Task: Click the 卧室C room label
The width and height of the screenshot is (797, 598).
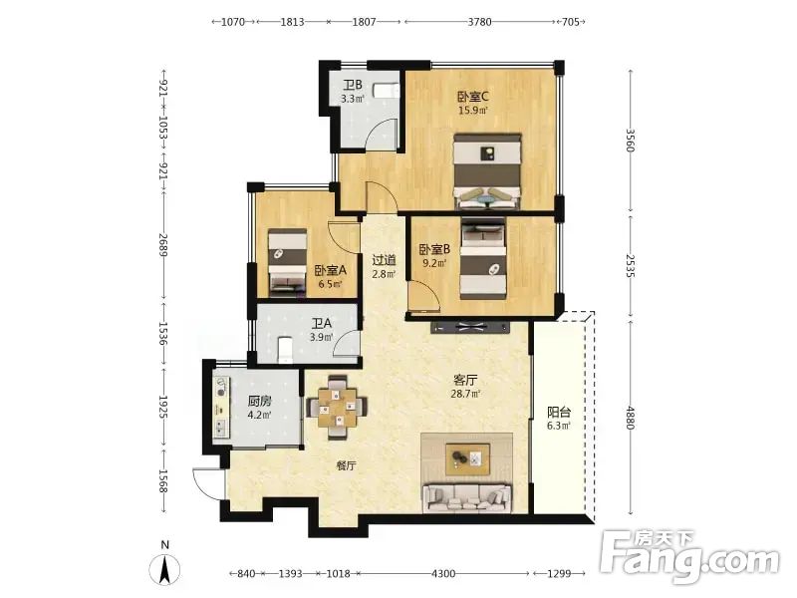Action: tap(472, 96)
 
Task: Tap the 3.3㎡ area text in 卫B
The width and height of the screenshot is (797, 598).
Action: tap(353, 99)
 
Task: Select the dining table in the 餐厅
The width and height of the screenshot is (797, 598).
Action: tap(337, 407)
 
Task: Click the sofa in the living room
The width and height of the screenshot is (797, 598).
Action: tap(467, 496)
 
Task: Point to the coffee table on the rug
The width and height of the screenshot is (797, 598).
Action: tap(467, 459)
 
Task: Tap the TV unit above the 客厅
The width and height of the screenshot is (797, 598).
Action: tap(470, 327)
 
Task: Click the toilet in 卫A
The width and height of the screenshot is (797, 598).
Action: tap(286, 350)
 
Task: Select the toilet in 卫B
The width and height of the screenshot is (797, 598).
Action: tap(386, 90)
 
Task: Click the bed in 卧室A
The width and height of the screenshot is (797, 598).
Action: tap(287, 262)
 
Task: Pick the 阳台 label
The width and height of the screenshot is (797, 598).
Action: tap(559, 412)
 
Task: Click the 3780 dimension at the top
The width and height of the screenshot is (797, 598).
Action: tap(479, 21)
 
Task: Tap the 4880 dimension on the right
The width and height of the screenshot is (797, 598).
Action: tap(631, 418)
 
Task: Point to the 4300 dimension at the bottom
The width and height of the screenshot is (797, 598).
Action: tap(443, 574)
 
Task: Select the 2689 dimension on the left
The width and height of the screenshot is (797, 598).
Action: tap(162, 244)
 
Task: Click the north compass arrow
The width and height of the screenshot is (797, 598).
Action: tap(164, 569)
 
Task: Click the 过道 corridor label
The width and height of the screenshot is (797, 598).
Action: tap(384, 260)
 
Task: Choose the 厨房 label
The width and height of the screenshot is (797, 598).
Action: tap(259, 401)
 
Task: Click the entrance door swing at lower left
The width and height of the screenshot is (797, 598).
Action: tap(208, 483)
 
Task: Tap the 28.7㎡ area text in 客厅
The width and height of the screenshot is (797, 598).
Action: tap(465, 393)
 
